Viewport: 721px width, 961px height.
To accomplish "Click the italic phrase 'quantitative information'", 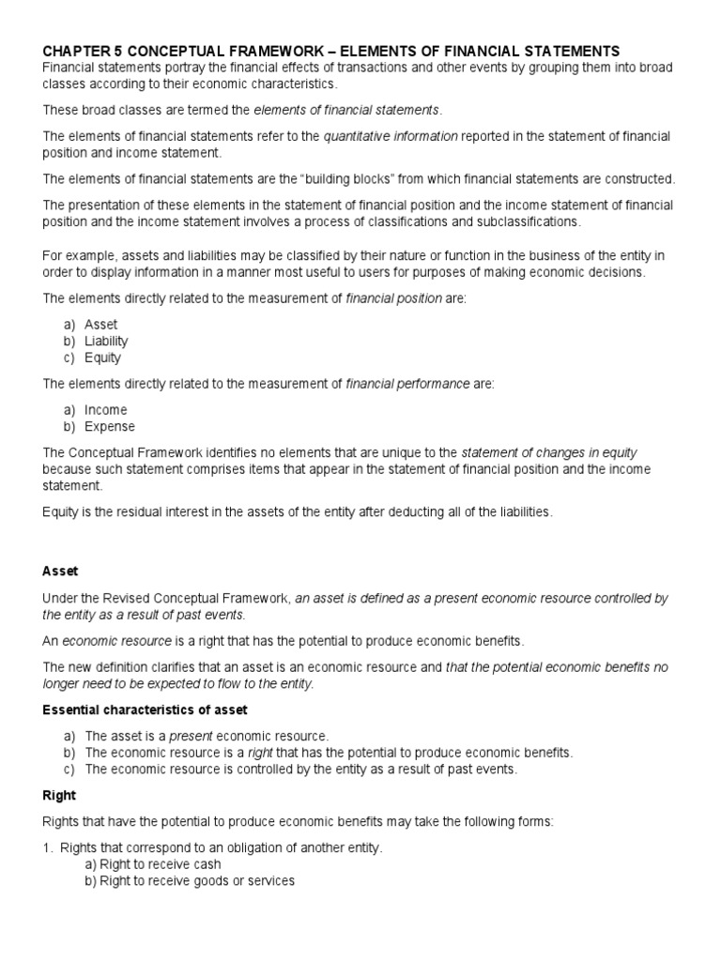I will [391, 136].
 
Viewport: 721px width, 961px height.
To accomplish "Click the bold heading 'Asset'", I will [60, 571].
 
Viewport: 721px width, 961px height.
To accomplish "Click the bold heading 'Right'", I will [59, 795].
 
